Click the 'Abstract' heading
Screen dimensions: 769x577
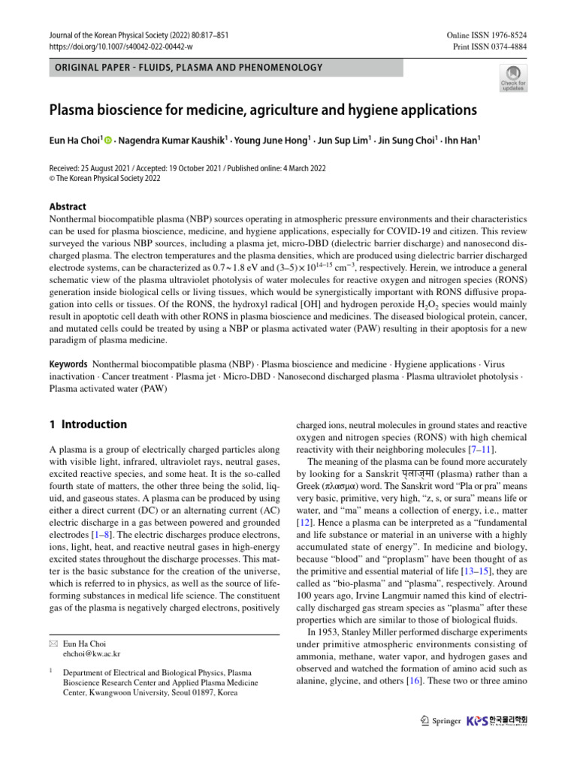click(68, 207)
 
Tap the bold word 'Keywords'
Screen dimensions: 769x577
click(68, 363)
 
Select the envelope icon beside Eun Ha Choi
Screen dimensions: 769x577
click(53, 644)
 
